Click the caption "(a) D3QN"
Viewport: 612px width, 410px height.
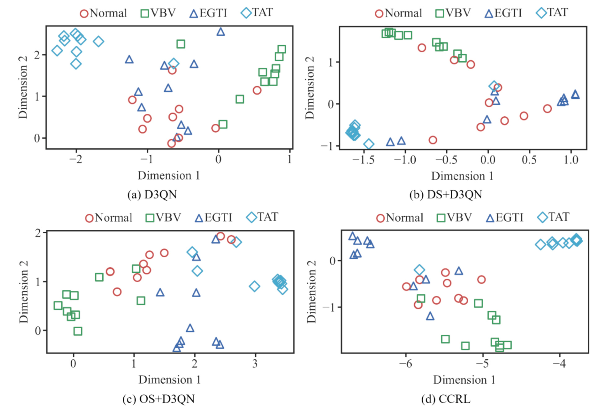point(152,194)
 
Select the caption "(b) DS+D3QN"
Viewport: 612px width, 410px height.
point(445,194)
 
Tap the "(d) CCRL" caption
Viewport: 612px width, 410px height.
point(445,399)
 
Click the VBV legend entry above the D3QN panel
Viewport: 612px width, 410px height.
point(158,13)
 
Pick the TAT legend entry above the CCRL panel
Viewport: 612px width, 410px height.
point(554,217)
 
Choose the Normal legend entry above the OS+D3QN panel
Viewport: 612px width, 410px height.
point(109,218)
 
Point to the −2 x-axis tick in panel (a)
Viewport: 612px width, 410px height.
point(76,159)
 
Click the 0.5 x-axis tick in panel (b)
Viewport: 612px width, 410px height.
point(529,160)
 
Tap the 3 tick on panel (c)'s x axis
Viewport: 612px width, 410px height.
point(255,364)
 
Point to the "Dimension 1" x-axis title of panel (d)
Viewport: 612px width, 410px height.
point(464,380)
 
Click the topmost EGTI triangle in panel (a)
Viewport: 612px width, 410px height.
point(220,32)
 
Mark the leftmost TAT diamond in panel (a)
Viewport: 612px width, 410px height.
point(57,51)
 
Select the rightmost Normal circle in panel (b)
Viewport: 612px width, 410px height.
point(547,109)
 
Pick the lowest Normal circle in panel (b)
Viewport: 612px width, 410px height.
point(433,140)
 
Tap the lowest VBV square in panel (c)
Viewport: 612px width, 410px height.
point(78,331)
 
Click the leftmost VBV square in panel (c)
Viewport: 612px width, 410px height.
point(58,305)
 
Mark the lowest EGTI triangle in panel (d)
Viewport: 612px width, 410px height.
point(430,316)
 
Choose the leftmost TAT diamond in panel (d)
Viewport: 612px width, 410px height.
point(540,244)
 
